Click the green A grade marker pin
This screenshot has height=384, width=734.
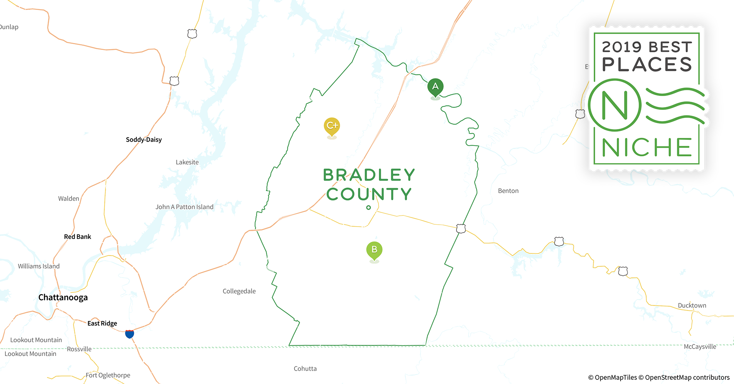click(435, 87)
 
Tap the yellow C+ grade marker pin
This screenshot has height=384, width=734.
click(332, 126)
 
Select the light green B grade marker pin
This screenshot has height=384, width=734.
click(374, 250)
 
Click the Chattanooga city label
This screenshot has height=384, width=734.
click(63, 298)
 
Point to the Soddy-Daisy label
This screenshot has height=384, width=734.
click(144, 140)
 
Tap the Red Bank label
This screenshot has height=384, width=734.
click(78, 237)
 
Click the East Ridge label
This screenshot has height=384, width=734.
click(102, 323)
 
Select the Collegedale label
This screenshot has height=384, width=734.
click(239, 291)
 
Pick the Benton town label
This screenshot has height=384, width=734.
click(508, 191)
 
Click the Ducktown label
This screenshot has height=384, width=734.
click(692, 306)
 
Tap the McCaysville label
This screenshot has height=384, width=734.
click(700, 347)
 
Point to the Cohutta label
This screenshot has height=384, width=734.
click(305, 369)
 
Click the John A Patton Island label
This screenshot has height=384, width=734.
click(184, 207)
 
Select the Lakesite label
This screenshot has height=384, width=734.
click(187, 162)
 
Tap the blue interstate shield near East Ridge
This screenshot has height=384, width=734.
click(130, 334)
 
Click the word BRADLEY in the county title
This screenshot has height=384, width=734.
click(369, 175)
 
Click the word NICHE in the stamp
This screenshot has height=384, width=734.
click(647, 148)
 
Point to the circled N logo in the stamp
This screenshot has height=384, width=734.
click(614, 105)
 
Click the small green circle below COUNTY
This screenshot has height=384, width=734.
click(369, 208)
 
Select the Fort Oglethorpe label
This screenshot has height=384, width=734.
click(108, 375)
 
